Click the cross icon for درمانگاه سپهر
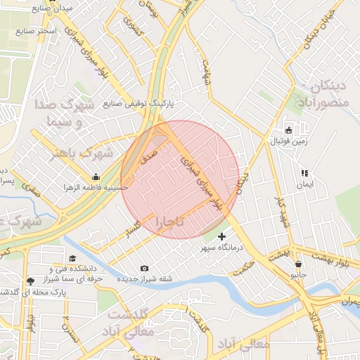coord(222,236)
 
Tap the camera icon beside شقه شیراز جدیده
coord(144,268)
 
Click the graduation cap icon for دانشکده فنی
coord(72,258)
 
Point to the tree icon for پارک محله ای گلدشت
coord(30,281)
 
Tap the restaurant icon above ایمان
coord(304,173)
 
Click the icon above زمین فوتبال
coord(288,130)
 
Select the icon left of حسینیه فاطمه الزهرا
coord(96,176)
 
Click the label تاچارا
coord(170,222)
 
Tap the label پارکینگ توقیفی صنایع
coord(139,103)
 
